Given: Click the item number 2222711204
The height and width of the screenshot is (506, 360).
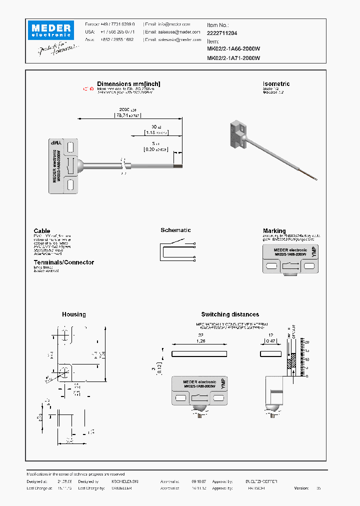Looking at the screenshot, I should pyautogui.click(x=222, y=33).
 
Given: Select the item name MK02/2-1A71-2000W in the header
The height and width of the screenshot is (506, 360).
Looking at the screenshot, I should pyautogui.click(x=233, y=58).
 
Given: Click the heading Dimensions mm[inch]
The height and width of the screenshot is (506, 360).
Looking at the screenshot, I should pyautogui.click(x=128, y=84).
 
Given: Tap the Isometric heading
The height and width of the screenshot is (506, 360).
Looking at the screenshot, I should pyautogui.click(x=276, y=84).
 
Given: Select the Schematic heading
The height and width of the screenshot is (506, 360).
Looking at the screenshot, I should pyautogui.click(x=175, y=230).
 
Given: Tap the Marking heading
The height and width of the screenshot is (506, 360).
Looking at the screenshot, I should pyautogui.click(x=274, y=231).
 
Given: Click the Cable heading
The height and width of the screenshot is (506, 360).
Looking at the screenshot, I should pyautogui.click(x=42, y=231).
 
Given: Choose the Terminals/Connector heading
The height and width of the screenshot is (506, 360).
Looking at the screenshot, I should pyautogui.click(x=63, y=262).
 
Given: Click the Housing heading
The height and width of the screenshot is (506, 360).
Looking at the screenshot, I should pyautogui.click(x=73, y=314).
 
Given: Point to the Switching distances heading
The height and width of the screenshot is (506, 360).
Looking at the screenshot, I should pyautogui.click(x=230, y=314).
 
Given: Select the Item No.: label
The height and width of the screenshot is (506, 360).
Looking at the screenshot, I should pyautogui.click(x=217, y=24).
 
